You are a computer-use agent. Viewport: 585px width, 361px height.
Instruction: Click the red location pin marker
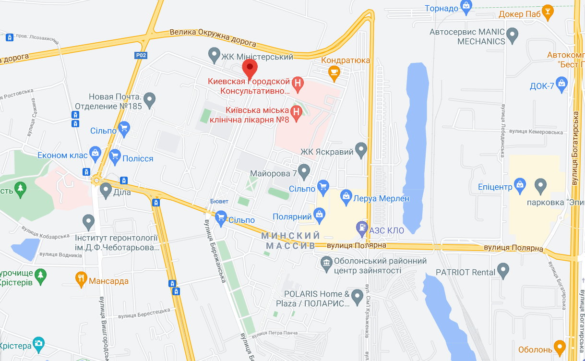pos(250,69)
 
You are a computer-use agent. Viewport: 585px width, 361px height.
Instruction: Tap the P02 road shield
pos(141,55)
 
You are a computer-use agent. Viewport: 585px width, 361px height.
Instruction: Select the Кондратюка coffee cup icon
pos(334,72)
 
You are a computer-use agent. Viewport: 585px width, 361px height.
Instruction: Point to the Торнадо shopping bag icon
pos(466,6)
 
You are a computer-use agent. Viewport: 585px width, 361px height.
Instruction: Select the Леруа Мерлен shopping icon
pos(346,196)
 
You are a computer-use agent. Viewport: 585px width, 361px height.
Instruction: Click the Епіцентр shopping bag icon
pos(519,184)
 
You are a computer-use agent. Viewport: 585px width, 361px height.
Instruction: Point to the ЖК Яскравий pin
pos(361,149)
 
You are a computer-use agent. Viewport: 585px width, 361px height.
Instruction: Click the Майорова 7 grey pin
pos(304,170)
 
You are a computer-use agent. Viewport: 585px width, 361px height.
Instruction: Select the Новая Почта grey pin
pos(150,99)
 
